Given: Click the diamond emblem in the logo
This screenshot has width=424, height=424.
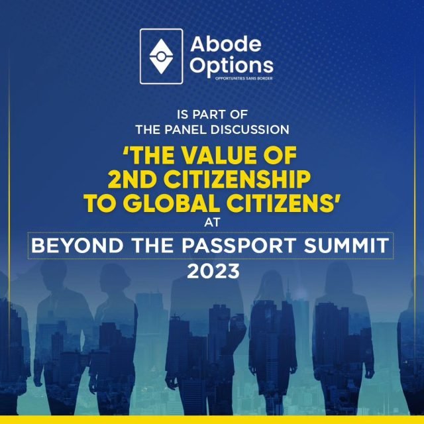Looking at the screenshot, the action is [161, 56].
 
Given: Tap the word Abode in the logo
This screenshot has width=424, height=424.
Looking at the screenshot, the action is [226, 44].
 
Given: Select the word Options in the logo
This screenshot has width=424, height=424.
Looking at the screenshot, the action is [231, 66].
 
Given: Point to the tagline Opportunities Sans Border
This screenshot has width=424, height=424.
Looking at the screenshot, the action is [244, 78].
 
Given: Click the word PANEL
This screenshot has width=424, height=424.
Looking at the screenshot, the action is [185, 130].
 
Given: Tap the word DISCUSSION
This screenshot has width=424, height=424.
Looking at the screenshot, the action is [250, 130].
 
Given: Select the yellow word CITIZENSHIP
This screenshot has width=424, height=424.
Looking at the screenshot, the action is [237, 180].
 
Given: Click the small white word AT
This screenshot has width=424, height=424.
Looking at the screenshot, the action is [212, 223].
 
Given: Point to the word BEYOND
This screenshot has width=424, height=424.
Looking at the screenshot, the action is [78, 246].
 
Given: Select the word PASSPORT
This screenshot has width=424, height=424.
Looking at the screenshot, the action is [238, 246].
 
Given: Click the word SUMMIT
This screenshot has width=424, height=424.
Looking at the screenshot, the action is [346, 246].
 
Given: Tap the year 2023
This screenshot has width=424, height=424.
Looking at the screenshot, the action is [213, 271].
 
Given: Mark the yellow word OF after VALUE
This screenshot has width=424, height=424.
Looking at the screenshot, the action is [280, 156].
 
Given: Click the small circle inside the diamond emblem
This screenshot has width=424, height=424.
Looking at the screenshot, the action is [161, 56].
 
